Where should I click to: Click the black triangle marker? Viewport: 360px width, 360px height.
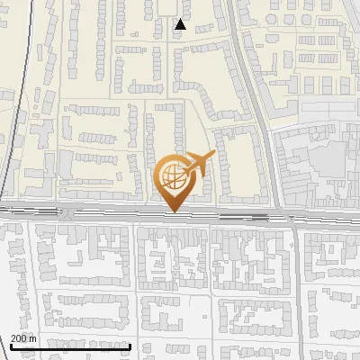tap(181, 24)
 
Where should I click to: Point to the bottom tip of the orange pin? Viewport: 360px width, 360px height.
tap(172, 211)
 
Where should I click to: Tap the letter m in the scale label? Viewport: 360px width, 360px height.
tap(33, 338)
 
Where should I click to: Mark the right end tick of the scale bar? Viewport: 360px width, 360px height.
tap(131, 346)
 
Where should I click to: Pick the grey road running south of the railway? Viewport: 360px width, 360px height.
tap(295, 288)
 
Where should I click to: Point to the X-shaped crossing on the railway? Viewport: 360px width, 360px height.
tap(67, 214)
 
